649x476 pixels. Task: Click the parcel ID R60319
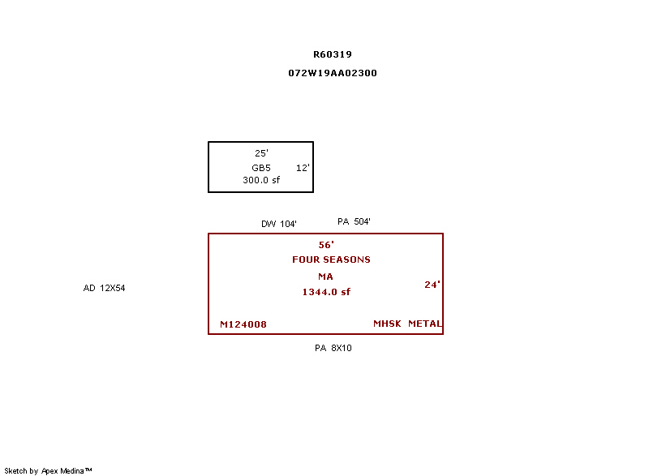point(333,54)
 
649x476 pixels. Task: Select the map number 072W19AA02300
point(333,73)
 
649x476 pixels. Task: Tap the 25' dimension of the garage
point(261,152)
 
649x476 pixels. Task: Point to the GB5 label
point(261,168)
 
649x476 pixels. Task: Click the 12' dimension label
point(303,168)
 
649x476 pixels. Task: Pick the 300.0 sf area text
point(261,180)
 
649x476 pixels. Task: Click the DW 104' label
point(279,224)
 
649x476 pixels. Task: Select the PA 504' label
point(355,221)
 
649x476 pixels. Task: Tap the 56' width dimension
point(326,244)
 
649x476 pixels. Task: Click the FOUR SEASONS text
point(331,259)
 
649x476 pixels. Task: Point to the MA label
point(325,277)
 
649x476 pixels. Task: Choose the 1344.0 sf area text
point(326,292)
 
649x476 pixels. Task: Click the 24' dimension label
point(432,285)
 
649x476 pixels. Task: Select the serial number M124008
point(243,325)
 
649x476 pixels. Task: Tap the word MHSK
point(387,324)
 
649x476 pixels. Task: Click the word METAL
point(425,324)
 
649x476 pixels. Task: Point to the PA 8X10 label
point(333,348)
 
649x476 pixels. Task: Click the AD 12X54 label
point(105,288)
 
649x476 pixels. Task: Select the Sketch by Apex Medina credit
point(48,470)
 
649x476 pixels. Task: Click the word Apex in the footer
point(50,470)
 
